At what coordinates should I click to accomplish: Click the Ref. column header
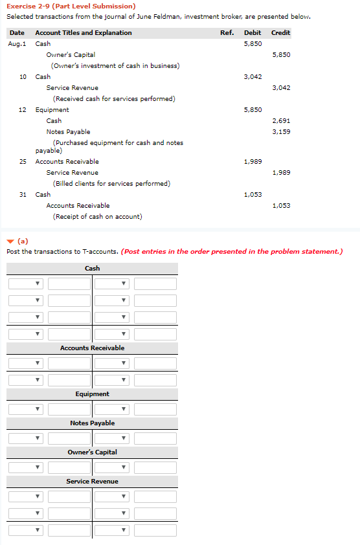coord(227,33)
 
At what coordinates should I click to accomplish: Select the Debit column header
coord(253,33)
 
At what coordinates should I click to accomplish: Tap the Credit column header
coord(280,33)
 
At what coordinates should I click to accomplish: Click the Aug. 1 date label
coord(17,44)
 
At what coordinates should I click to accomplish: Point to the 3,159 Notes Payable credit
coord(281,132)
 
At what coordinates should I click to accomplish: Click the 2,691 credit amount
coord(281,121)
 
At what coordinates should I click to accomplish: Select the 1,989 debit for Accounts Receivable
coord(253,162)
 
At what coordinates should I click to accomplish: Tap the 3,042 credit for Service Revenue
coord(281,88)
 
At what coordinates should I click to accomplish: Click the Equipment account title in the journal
coord(52,110)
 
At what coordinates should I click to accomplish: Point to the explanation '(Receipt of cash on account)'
coord(97,217)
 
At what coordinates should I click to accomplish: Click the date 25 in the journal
coord(23,162)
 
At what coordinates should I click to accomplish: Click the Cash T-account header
coord(92,269)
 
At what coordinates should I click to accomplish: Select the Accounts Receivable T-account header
coord(92,348)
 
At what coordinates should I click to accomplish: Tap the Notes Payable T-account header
coord(92,423)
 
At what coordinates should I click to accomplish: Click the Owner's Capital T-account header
coord(92,452)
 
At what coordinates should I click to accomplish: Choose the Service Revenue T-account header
coord(92,482)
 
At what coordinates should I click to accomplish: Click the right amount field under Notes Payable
coord(155,438)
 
